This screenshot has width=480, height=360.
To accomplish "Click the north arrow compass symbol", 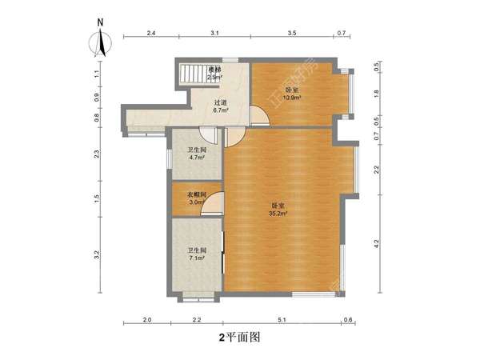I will click(100, 41).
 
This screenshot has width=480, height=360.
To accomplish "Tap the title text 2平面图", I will click(240, 338).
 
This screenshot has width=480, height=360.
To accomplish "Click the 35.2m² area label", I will click(278, 214).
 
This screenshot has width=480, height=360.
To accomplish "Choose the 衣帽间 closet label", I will click(198, 194).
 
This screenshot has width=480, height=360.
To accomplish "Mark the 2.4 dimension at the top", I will click(150, 34).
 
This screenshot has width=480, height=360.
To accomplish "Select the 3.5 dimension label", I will click(291, 34).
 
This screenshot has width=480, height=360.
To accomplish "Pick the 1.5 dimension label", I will click(96, 198).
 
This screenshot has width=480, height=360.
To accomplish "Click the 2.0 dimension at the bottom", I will click(147, 320).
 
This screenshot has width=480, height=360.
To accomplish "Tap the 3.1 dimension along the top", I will click(214, 34).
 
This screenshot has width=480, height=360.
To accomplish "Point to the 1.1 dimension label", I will click(96, 74).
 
